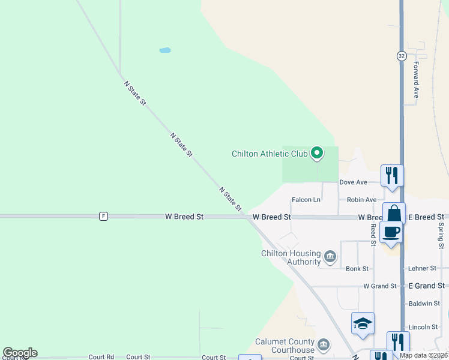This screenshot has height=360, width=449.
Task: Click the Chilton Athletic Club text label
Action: [270, 154]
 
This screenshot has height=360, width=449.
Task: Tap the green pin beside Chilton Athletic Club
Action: [317, 154]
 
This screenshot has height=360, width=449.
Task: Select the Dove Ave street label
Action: [353, 182]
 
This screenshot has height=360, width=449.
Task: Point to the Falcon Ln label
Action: [306, 200]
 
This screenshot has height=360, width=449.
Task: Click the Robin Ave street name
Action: [361, 200]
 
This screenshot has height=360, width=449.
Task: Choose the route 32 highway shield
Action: [401, 56]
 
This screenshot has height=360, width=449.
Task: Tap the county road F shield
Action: [104, 216]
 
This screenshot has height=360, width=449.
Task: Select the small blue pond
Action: [165, 50]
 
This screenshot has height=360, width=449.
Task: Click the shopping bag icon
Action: [394, 214]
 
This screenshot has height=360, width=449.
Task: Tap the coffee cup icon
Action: [391, 233]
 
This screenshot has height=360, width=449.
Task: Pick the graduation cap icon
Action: [363, 323]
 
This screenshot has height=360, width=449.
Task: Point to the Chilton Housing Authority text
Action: [291, 257]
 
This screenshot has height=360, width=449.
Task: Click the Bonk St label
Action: [357, 269]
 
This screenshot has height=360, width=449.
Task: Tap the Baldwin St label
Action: [424, 304]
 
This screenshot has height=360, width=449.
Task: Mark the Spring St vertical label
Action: [441, 236]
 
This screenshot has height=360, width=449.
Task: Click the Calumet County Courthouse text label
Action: [285, 346]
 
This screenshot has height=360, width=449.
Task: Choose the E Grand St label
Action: [426, 286]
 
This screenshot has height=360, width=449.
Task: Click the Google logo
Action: [20, 353]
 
